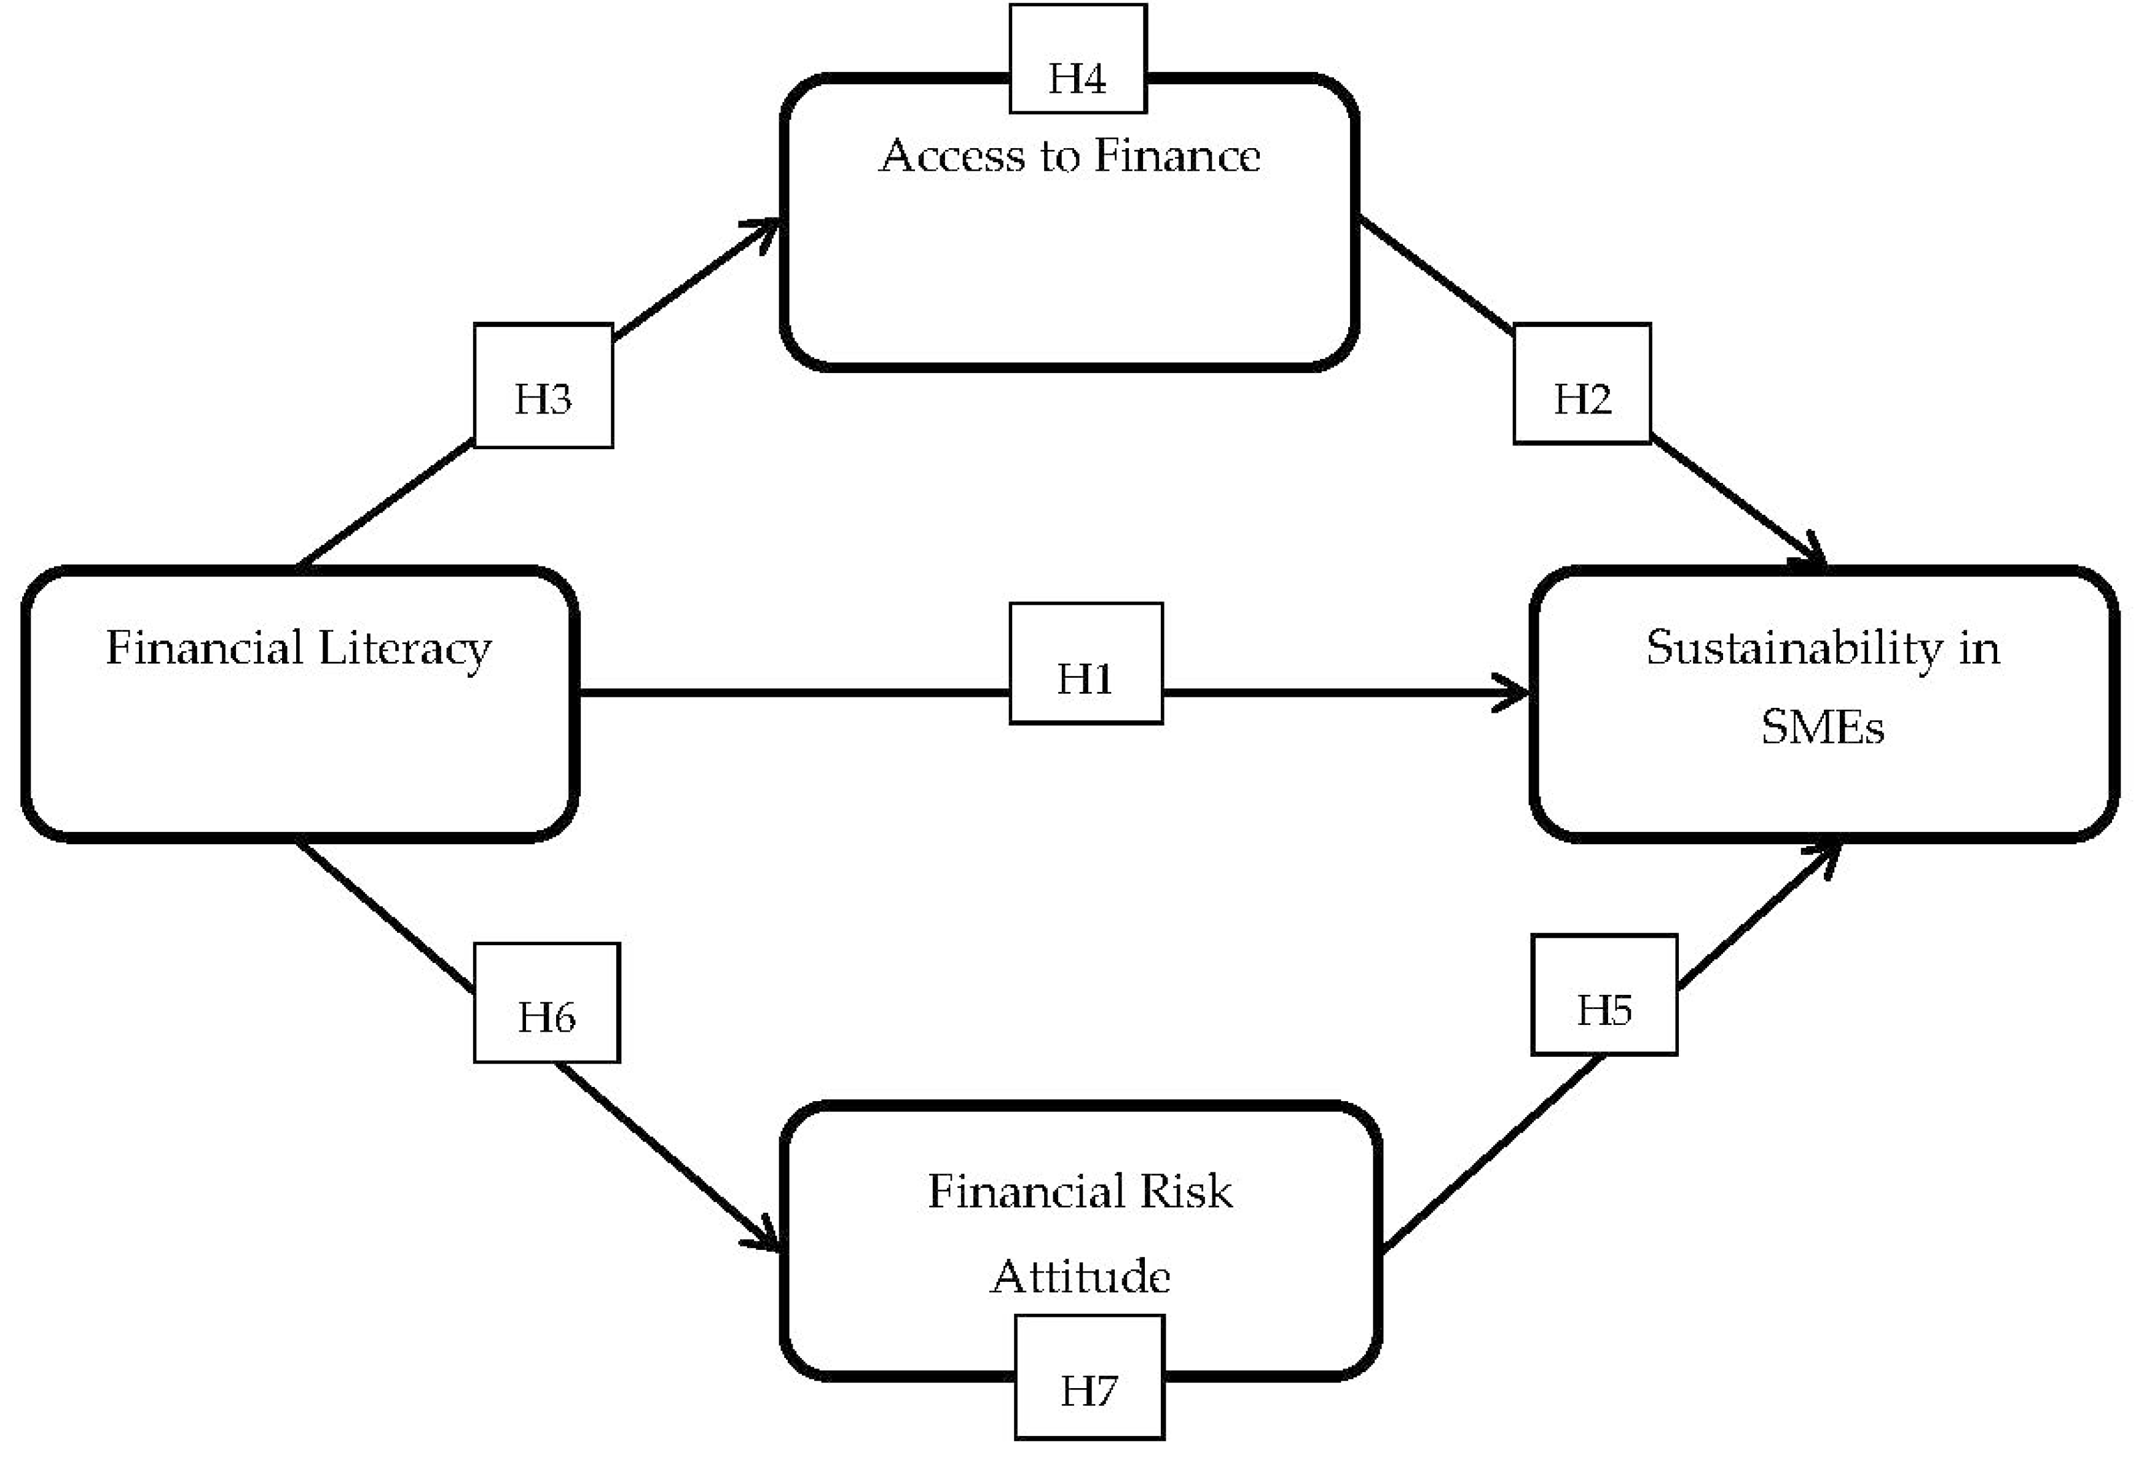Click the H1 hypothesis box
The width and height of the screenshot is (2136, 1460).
1085,664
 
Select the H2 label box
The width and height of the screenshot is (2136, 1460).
1582,384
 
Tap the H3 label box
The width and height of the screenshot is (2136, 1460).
543,386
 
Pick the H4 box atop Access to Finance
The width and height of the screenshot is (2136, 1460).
1077,60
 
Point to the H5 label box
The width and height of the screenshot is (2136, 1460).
1604,995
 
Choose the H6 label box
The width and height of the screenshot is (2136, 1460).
547,1002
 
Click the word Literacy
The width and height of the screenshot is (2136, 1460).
404,650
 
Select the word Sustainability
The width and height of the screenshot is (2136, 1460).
1793,650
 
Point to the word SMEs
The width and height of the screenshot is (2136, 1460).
1823,728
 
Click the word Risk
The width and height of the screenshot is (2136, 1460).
1185,1191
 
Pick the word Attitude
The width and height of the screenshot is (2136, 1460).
1081,1276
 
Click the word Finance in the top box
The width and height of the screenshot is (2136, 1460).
1177,155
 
